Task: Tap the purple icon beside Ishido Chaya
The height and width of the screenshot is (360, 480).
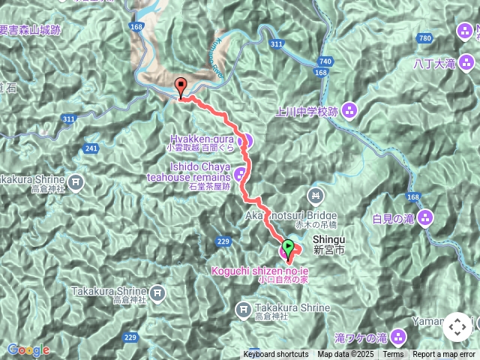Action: pyautogui.click(x=240, y=175)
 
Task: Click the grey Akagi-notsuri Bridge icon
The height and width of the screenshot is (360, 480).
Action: pyautogui.click(x=316, y=196)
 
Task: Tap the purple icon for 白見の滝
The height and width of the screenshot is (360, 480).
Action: pyautogui.click(x=425, y=219)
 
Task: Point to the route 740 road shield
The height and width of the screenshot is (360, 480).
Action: pyautogui.click(x=325, y=61)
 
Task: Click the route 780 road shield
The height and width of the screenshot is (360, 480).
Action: pyautogui.click(x=424, y=37)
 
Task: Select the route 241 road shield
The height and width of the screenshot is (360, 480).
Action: pyautogui.click(x=92, y=148)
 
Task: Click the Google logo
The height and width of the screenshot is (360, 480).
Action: pyautogui.click(x=28, y=349)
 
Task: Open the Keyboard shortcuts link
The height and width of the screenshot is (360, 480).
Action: pyautogui.click(x=275, y=355)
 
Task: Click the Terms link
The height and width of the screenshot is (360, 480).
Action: pyautogui.click(x=393, y=355)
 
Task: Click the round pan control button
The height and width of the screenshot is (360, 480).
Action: pyautogui.click(x=457, y=327)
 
